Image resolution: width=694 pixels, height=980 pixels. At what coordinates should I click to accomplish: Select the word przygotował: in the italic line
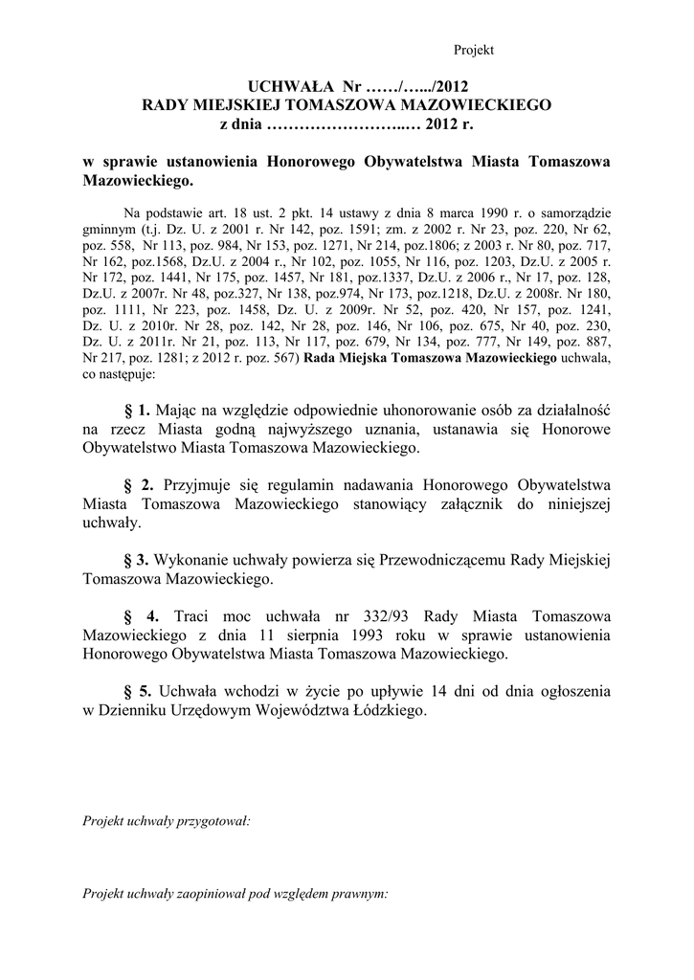coord(214,821)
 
